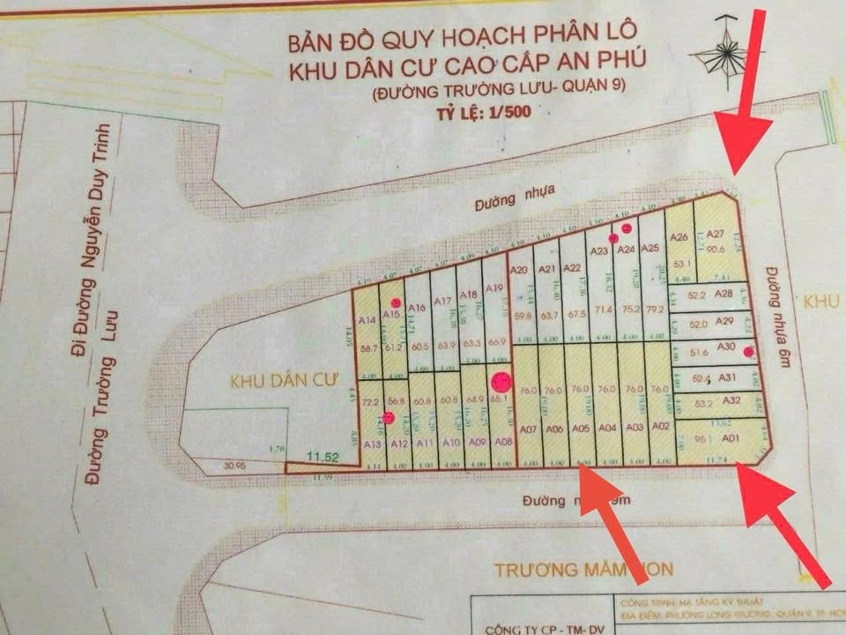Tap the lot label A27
tap(715, 234)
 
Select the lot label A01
tap(730, 437)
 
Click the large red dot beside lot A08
tap(501, 382)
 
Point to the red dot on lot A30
tap(748, 353)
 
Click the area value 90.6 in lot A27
tap(715, 250)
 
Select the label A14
tap(367, 319)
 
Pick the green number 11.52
tap(323, 456)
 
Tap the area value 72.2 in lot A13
tap(370, 402)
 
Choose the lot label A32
tap(731, 400)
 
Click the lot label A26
tap(678, 236)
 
